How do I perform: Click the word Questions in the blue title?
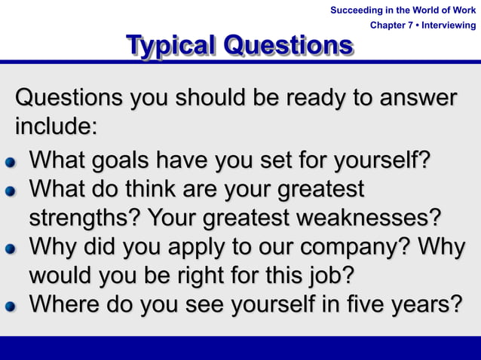pyautogui.click(x=289, y=46)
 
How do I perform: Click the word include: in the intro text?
pyautogui.click(x=57, y=125)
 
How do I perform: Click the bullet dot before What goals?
pyautogui.click(x=10, y=162)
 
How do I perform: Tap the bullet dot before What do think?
pyautogui.click(x=10, y=191)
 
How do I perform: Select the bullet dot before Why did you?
pyautogui.click(x=10, y=249)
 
